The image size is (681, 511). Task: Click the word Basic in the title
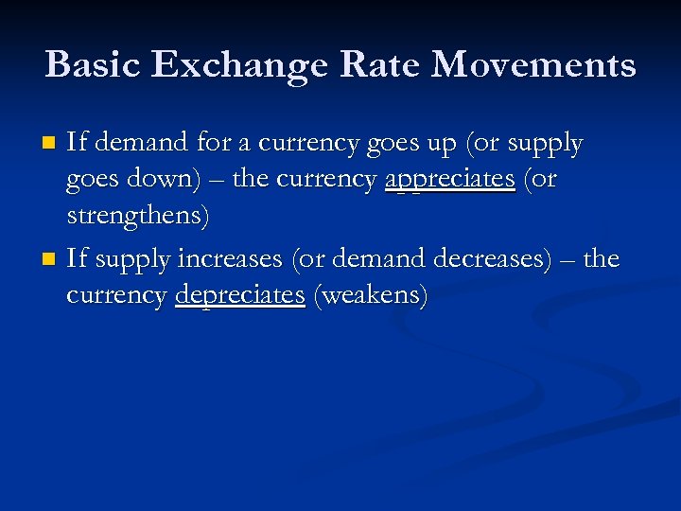point(92,64)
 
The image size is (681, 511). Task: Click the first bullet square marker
point(51,144)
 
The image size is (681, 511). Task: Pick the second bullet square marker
point(51,259)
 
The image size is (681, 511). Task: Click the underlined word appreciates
point(449,180)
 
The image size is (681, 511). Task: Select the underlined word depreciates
point(240,295)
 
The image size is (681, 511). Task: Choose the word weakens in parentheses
point(371,295)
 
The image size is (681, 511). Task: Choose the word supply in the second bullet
point(131,259)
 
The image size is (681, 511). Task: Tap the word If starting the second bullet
point(77,257)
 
